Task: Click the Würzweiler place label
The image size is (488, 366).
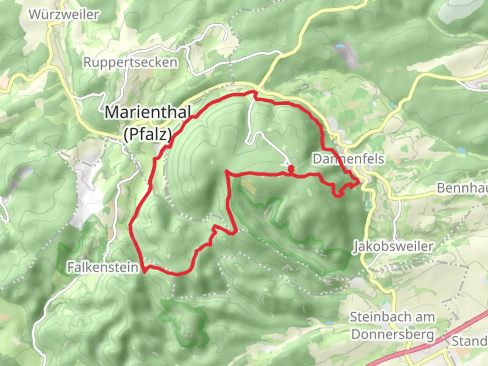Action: pos(64,15)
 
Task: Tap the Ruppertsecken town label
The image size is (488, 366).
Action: pos(130,62)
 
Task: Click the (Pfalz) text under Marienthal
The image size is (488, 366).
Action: pos(147,135)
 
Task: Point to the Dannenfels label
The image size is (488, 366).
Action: pos(348,159)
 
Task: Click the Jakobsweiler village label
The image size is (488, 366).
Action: pos(393,246)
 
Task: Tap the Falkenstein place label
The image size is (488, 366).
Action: pos(103,267)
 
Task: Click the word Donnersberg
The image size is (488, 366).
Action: pos(392,334)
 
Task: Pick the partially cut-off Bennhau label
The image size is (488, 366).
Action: pos(462,187)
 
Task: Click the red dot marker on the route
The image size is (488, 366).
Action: pos(291,168)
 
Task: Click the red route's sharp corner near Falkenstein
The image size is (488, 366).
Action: pos(145,271)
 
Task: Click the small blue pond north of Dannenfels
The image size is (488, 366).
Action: pos(340,45)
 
